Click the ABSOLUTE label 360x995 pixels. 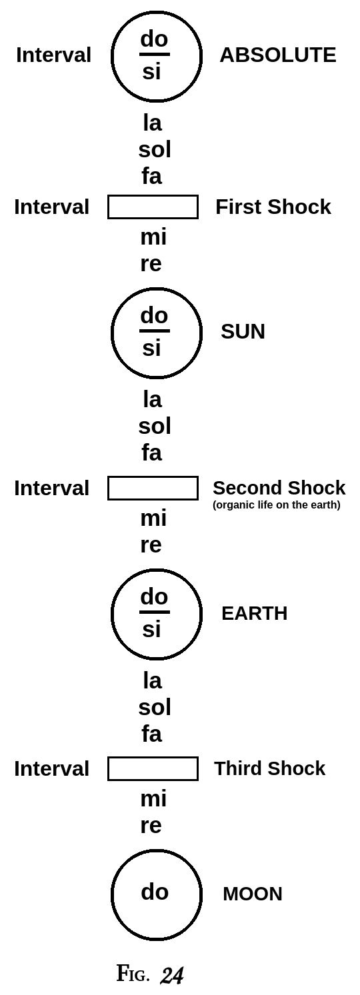click(x=277, y=55)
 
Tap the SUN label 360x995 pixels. click(x=243, y=331)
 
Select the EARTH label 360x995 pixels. click(x=254, y=613)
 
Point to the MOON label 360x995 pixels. click(x=252, y=894)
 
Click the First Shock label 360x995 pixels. click(x=273, y=207)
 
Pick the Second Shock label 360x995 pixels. click(x=279, y=488)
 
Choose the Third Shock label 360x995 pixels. click(x=269, y=768)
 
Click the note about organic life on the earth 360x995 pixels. click(x=276, y=505)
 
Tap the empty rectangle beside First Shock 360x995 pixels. click(x=153, y=207)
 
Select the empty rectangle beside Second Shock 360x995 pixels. click(x=153, y=488)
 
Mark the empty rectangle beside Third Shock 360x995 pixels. click(x=153, y=768)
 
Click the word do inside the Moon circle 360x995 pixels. click(x=155, y=892)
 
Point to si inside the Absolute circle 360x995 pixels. click(x=151, y=71)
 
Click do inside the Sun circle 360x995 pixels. click(x=154, y=315)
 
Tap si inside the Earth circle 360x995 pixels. click(x=151, y=629)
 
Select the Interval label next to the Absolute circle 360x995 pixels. click(x=53, y=55)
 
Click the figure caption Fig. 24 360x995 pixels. click(x=150, y=974)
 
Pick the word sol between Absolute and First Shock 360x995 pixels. click(x=155, y=149)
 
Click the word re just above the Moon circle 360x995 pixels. click(x=151, y=825)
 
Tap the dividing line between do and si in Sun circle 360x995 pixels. click(x=154, y=331)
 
